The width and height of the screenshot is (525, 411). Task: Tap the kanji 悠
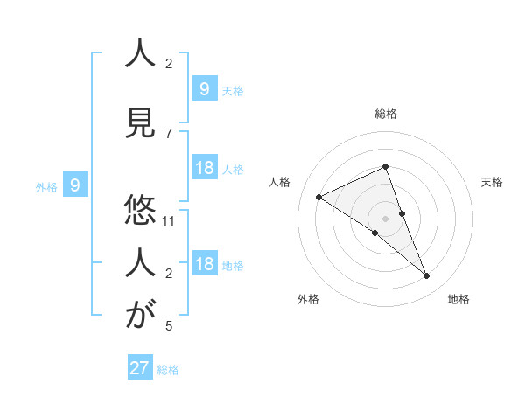[136, 210]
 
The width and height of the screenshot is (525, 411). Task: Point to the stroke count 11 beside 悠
[169, 220]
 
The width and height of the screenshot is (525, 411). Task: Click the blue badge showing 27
[139, 368]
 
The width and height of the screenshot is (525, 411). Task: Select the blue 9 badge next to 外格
[75, 185]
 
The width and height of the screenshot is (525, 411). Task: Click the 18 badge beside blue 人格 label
[204, 168]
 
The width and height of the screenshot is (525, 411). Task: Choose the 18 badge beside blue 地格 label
[204, 265]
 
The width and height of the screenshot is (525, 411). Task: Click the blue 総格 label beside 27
[168, 370]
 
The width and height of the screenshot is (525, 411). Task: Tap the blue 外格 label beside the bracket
[45, 186]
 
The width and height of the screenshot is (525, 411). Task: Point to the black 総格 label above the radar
[385, 114]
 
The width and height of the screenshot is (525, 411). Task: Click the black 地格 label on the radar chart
[458, 299]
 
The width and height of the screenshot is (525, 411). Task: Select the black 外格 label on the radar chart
[308, 299]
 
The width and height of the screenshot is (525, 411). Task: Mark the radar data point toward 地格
[427, 276]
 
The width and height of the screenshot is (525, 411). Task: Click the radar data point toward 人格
[318, 197]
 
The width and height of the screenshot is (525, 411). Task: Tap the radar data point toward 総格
[385, 166]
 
